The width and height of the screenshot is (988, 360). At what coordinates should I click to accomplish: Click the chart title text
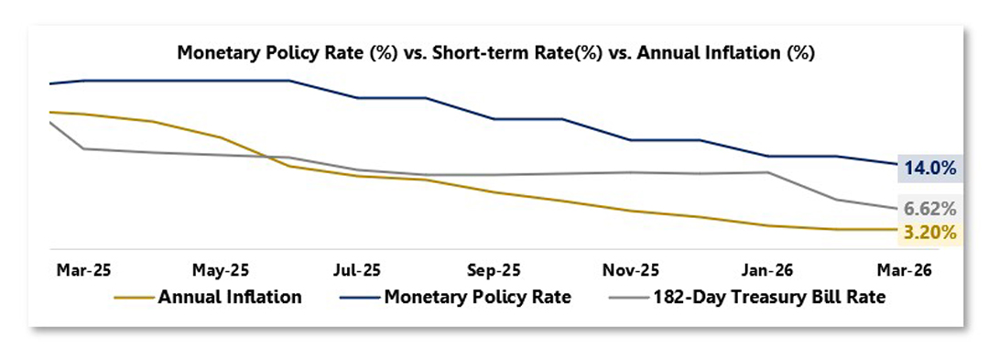click(496, 53)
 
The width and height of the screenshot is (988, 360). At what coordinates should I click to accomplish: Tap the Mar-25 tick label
click(84, 270)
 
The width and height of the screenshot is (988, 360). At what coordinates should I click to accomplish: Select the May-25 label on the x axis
click(221, 270)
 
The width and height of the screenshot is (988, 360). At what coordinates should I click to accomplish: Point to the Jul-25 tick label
click(357, 270)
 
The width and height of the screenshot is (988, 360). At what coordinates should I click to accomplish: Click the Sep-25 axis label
click(494, 270)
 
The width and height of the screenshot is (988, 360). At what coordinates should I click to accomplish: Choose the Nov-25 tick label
click(631, 270)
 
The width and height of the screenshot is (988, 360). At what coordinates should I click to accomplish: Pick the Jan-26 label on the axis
click(767, 270)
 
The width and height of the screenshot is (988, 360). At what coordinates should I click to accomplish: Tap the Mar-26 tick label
click(904, 270)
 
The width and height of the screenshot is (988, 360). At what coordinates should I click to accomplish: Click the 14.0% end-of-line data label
click(930, 169)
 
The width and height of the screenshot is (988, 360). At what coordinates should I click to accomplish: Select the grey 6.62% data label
click(930, 208)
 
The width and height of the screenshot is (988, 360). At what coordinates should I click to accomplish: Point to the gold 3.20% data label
click(930, 233)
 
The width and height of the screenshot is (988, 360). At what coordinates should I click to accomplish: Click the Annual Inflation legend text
click(230, 297)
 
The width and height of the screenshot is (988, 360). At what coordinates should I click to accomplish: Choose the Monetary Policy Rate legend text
click(478, 297)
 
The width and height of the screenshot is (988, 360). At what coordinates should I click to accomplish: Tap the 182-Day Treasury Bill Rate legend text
click(769, 297)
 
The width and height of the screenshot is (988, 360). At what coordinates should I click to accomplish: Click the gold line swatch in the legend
click(134, 298)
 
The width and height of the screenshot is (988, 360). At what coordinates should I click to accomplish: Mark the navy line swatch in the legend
click(359, 298)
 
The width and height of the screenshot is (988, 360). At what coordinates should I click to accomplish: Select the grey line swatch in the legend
click(628, 298)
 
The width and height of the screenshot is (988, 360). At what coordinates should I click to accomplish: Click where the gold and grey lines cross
click(266, 156)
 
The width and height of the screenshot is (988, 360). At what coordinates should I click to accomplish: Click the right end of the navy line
click(896, 165)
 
